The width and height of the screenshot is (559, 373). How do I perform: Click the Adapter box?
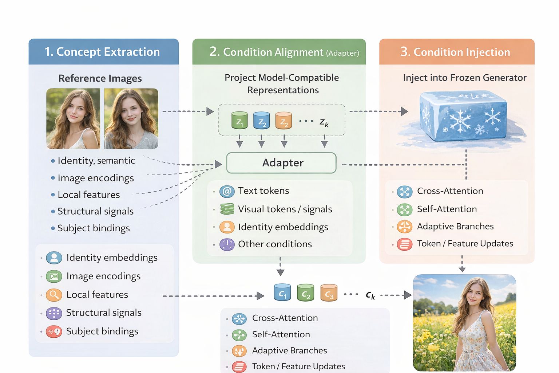click(x=281, y=163)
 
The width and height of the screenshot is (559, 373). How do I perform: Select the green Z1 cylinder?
click(x=239, y=121)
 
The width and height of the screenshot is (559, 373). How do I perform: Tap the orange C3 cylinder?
click(x=329, y=292)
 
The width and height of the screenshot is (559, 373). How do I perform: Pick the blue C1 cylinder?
click(x=282, y=292)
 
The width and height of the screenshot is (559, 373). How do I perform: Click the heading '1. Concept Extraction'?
click(x=102, y=52)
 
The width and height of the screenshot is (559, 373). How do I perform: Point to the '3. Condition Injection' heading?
click(x=455, y=52)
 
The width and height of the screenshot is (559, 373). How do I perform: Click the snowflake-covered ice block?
click(x=463, y=116)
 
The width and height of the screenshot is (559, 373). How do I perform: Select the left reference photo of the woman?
click(x=73, y=118)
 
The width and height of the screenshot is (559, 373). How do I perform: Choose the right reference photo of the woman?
click(x=131, y=118)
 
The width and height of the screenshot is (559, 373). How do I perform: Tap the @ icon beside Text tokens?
click(x=227, y=191)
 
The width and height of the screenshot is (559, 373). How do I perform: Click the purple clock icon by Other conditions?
click(x=227, y=244)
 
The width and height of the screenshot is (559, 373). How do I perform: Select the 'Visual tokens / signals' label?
click(x=285, y=209)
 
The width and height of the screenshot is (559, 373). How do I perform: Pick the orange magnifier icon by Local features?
click(x=54, y=295)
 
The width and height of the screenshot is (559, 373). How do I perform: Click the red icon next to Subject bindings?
click(x=54, y=331)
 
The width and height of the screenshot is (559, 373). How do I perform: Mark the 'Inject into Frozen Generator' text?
click(x=464, y=78)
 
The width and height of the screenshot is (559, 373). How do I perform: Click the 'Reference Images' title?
click(x=100, y=78)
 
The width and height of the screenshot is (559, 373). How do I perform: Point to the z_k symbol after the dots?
click(x=324, y=122)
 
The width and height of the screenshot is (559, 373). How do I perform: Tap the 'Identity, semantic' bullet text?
click(x=96, y=161)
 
